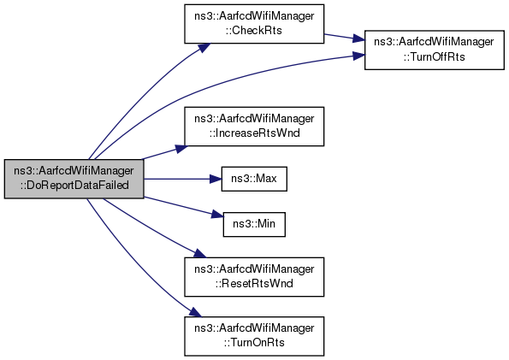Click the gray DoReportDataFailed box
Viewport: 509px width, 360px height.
[x=74, y=179]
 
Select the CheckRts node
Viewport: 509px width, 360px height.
[x=254, y=24]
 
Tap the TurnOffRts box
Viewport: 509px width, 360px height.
[x=435, y=50]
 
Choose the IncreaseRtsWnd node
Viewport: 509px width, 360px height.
[x=254, y=127]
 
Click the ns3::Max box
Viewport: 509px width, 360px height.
[x=254, y=179]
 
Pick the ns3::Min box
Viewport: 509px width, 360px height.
[x=254, y=224]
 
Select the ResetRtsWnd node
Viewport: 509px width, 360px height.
[x=254, y=277]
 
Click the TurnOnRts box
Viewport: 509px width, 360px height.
[x=254, y=336]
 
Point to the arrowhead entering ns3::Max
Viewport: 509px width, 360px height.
[x=216, y=179]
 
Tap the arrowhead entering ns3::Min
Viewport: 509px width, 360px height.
[x=218, y=215]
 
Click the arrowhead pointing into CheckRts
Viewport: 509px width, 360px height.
[x=204, y=47]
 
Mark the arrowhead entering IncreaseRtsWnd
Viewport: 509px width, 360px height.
[x=181, y=148]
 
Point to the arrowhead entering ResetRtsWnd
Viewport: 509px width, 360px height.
[x=200, y=253]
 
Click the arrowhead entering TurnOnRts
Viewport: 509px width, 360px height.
[x=196, y=313]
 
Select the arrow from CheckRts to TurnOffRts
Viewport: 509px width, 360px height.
[x=344, y=37]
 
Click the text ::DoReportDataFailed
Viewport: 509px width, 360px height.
[x=74, y=186]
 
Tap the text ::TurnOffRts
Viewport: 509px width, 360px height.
[x=435, y=56]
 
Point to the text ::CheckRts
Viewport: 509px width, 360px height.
[x=254, y=31]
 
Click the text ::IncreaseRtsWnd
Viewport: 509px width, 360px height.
[x=254, y=133]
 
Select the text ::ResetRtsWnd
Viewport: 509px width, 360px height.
[x=254, y=283]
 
